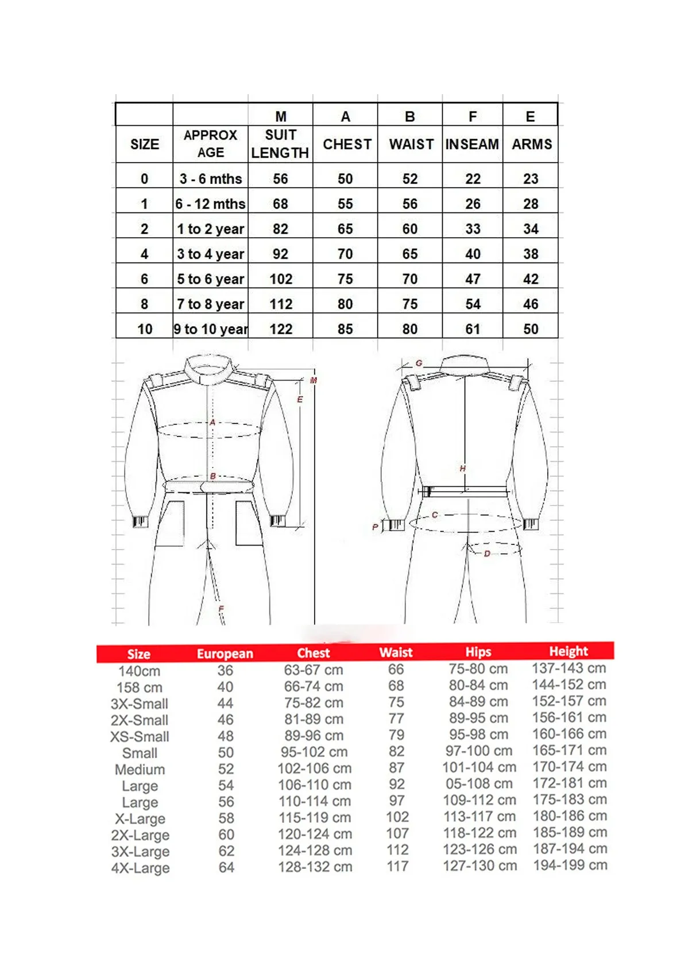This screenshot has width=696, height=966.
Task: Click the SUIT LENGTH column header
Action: pyautogui.click(x=280, y=144)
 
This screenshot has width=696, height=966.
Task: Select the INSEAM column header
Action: pyautogui.click(x=472, y=144)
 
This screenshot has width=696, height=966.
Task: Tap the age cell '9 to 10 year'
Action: pyautogui.click(x=211, y=329)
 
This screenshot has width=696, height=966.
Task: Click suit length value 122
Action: pyautogui.click(x=281, y=329)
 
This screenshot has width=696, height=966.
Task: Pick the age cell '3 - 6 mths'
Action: pyautogui.click(x=211, y=179)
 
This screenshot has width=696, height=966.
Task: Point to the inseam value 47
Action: pyautogui.click(x=473, y=279)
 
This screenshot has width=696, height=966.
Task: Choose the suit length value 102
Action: pyautogui.click(x=281, y=279)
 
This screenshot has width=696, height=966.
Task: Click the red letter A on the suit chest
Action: pyautogui.click(x=212, y=423)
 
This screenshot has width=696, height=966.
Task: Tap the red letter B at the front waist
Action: pyautogui.click(x=213, y=476)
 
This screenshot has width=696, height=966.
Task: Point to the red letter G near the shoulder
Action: pyautogui.click(x=419, y=363)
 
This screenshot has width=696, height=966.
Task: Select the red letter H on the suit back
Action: pyautogui.click(x=463, y=469)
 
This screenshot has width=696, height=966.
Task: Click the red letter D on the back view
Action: pyautogui.click(x=487, y=554)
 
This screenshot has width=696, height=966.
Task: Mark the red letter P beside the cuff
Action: pyautogui.click(x=375, y=527)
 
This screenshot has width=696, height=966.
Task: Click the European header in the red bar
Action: pyautogui.click(x=225, y=654)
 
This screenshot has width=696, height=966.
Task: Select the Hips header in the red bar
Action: pyautogui.click(x=478, y=652)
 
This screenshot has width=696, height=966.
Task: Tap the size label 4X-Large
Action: pyautogui.click(x=140, y=868)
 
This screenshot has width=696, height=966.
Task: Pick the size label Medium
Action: pyautogui.click(x=140, y=770)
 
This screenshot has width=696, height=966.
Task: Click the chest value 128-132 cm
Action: pyautogui.click(x=315, y=867)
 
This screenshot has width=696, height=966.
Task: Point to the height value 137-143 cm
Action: pyautogui.click(x=569, y=668)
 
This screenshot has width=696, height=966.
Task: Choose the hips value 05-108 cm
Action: pyautogui.click(x=479, y=783)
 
